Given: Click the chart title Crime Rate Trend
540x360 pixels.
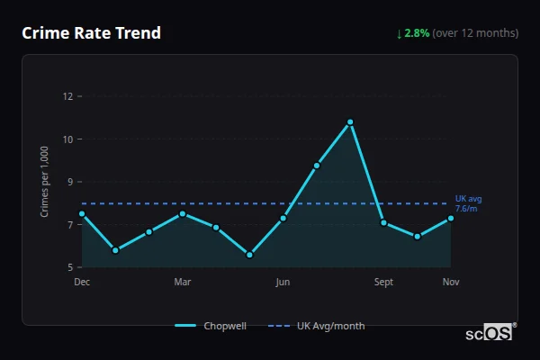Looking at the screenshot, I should (x=91, y=33).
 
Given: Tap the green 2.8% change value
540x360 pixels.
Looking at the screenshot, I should (x=417, y=33).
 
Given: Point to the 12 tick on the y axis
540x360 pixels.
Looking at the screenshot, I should (x=67, y=96).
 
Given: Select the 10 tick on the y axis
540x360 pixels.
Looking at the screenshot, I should (x=67, y=139).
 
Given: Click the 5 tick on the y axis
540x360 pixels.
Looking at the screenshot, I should (x=70, y=267).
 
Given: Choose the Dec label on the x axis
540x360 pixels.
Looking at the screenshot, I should (x=82, y=282).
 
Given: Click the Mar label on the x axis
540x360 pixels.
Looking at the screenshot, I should (x=183, y=282).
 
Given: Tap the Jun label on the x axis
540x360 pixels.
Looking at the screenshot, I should (x=283, y=282).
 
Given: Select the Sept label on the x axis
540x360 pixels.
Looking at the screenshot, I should (x=383, y=282).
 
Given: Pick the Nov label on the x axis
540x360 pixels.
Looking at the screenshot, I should (x=451, y=282).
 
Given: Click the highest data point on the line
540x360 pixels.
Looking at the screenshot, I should (x=350, y=121).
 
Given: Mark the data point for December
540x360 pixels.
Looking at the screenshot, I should (x=82, y=214).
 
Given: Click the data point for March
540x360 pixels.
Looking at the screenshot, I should (x=183, y=213).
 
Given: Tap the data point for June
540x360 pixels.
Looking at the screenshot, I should (x=283, y=219).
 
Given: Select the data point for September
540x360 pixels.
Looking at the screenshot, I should (x=383, y=222).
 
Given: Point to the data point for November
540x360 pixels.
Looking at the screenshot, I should (x=451, y=219).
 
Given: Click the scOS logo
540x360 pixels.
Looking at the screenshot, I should (x=490, y=333).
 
